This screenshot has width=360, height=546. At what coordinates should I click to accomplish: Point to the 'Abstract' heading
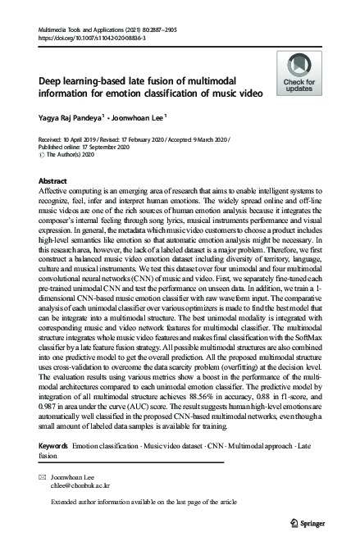tap(53, 180)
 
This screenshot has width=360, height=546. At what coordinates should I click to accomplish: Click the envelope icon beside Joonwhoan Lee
tap(43, 475)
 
